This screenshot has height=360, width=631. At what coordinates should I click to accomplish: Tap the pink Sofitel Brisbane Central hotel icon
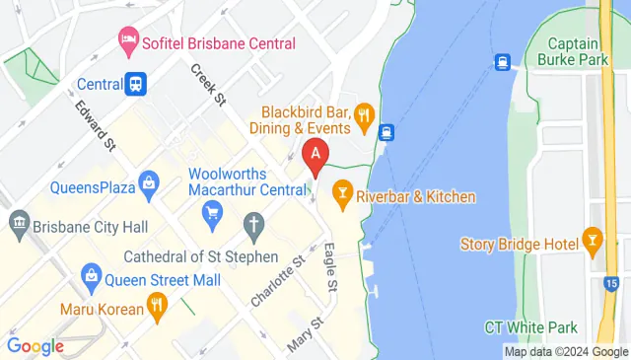pos(128,42)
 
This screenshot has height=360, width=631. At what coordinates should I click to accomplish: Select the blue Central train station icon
pos(136,85)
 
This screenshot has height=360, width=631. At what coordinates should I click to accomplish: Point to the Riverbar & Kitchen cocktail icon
pos(343,196)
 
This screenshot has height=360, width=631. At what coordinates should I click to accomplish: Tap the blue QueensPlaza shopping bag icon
pos(148,183)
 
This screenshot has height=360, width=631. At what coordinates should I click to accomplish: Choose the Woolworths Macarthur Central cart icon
pos(211,211)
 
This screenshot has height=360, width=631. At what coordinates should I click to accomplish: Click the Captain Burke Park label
pos(579,52)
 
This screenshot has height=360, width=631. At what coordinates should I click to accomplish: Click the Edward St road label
pos(95,124)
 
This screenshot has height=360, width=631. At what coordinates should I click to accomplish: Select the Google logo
pos(35,346)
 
